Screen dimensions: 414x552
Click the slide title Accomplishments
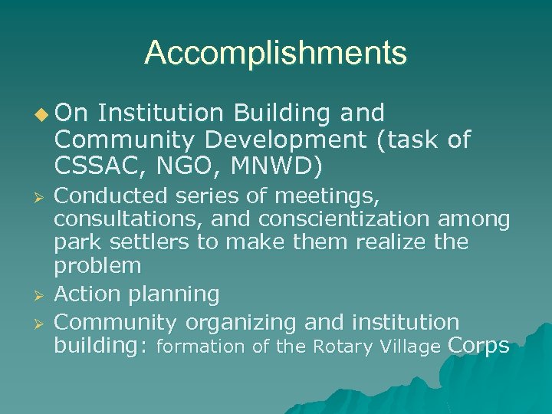(x=275, y=53)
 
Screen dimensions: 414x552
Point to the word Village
(x=406, y=347)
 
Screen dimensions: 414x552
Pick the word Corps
(x=478, y=346)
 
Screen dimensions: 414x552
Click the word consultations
(x=127, y=220)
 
